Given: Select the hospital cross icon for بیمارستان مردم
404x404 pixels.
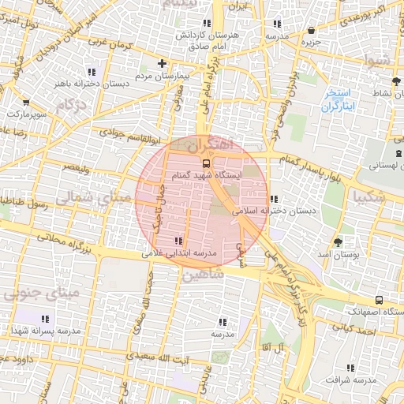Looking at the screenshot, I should pos(162,64).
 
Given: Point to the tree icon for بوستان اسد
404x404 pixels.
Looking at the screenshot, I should pos(339,242).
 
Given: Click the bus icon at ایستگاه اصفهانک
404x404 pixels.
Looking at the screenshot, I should pos(380,300).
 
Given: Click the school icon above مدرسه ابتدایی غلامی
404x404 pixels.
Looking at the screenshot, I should pos(178,241).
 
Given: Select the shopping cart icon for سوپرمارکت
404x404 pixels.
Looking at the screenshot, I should pos(28,103).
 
